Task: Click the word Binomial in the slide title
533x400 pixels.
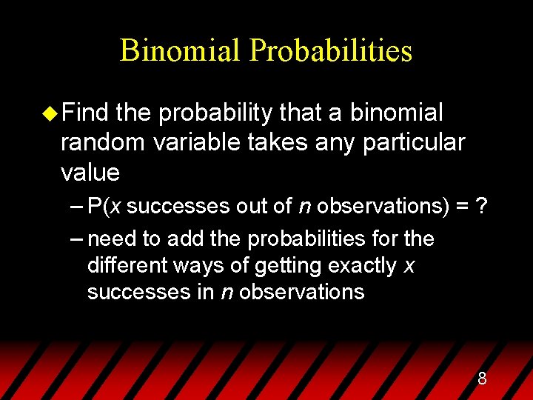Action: pos(181,50)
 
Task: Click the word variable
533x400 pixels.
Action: pos(195,142)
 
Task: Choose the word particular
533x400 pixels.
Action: pos(414,142)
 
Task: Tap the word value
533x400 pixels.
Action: pos(90,173)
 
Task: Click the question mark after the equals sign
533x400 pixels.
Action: pos(482,207)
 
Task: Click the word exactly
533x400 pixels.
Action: pos(359,266)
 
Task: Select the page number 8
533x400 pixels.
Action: pos(482,379)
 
